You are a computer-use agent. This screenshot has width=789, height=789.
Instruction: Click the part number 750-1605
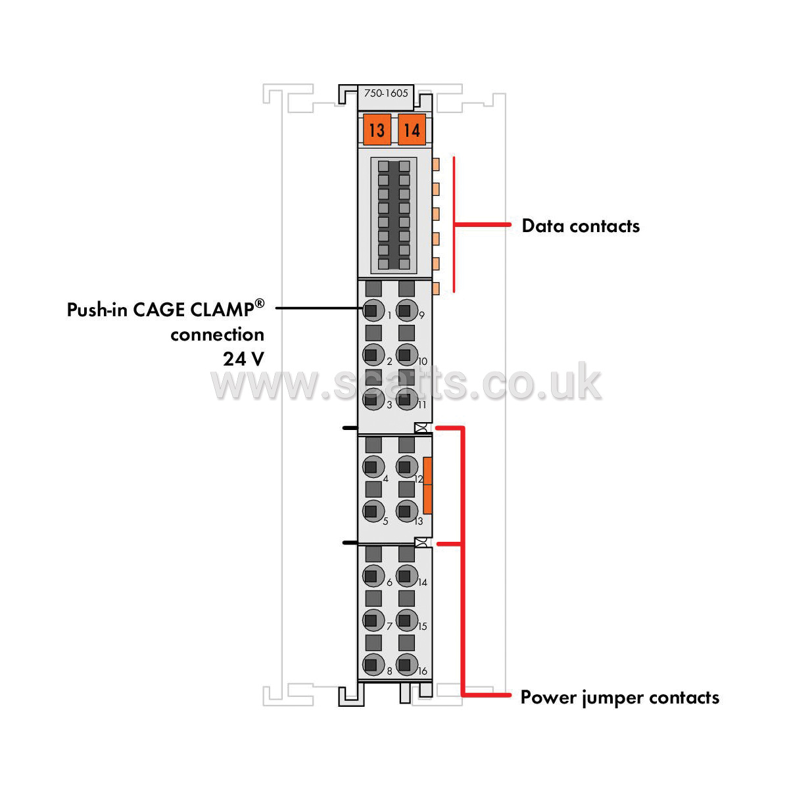click(386, 93)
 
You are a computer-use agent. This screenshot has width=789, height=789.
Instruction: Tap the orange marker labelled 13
click(377, 130)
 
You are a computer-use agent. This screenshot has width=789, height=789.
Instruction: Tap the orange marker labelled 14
click(412, 130)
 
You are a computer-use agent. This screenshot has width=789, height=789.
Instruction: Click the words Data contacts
click(580, 226)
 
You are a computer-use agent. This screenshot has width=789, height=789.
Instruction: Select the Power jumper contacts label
click(619, 698)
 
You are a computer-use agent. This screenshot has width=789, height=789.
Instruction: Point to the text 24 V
click(244, 359)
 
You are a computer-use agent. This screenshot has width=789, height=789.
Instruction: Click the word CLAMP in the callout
click(222, 309)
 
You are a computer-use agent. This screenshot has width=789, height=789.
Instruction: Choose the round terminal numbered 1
click(373, 310)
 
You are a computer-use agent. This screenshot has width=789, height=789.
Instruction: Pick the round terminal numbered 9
click(406, 310)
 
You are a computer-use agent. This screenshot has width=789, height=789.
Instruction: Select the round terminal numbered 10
click(406, 354)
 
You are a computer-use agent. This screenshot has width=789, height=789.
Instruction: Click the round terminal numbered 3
click(373, 398)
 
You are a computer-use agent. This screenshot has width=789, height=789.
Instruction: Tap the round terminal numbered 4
click(373, 466)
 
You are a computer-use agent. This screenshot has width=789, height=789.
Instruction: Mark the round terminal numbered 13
click(406, 511)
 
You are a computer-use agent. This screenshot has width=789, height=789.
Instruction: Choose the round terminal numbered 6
click(373, 576)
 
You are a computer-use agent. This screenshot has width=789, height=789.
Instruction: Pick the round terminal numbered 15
click(406, 620)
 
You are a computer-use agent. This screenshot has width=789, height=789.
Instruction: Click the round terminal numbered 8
click(373, 665)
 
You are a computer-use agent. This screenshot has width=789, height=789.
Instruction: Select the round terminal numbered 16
click(406, 665)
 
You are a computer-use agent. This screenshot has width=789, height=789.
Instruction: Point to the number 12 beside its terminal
click(418, 479)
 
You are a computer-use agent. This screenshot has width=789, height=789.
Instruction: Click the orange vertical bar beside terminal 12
click(427, 485)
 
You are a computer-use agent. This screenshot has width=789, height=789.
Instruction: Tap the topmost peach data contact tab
click(436, 164)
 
